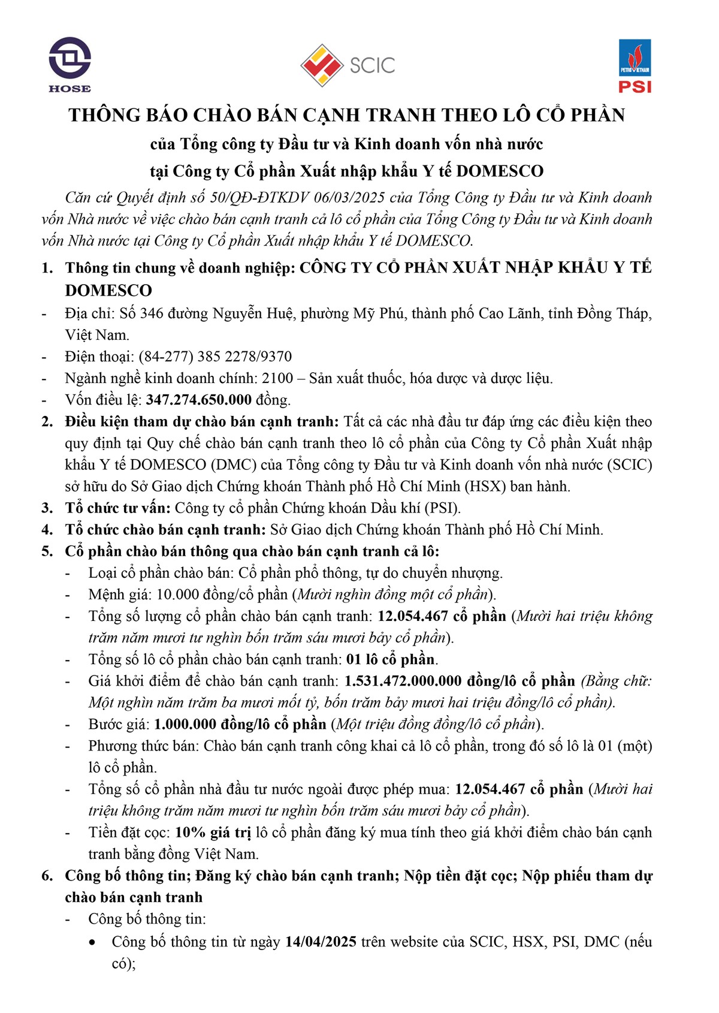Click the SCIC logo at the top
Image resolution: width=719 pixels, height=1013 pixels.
tap(348, 65)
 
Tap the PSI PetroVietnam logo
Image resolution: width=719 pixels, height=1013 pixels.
tap(635, 66)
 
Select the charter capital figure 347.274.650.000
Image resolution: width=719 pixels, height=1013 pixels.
tap(198, 400)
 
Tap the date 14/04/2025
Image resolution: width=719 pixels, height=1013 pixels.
tap(321, 942)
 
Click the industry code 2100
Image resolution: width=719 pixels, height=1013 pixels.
tap(277, 378)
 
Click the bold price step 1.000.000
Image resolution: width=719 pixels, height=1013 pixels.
tap(185, 724)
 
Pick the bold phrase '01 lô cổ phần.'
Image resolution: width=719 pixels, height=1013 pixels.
tap(392, 659)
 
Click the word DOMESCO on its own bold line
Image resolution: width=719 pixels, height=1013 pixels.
tap(108, 291)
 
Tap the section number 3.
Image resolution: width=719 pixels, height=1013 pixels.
tap(47, 508)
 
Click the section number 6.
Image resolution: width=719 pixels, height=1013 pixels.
tap(47, 876)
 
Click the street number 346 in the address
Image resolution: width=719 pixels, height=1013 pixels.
tap(153, 313)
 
